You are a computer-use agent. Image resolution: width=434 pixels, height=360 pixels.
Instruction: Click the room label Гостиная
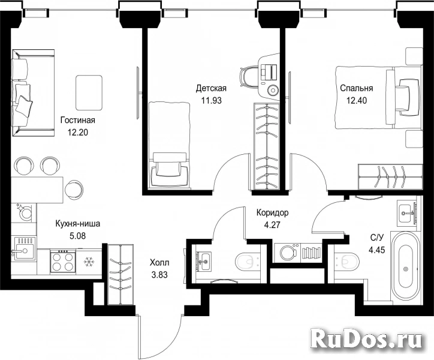click(78, 120)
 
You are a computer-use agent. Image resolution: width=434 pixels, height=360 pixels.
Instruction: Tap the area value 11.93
click(211, 100)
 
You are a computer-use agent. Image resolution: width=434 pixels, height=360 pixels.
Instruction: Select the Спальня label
click(357, 88)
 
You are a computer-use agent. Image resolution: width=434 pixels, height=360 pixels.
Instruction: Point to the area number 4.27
click(272, 224)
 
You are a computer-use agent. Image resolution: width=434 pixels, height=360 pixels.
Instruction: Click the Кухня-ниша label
click(78, 224)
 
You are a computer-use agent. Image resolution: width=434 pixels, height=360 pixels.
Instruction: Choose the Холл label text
click(159, 262)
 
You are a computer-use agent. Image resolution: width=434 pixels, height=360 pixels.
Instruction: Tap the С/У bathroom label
click(376, 238)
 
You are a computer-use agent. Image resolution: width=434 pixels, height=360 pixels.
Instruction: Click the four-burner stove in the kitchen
click(63, 261)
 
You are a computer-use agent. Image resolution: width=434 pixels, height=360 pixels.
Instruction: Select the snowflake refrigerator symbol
click(89, 262)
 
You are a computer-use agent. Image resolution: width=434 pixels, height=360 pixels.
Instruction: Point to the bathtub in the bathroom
click(406, 269)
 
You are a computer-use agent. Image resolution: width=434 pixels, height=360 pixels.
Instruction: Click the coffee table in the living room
click(89, 92)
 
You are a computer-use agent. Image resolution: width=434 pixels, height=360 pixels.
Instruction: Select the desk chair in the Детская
click(248, 76)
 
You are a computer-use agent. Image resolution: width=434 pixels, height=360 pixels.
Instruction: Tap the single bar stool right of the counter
click(74, 189)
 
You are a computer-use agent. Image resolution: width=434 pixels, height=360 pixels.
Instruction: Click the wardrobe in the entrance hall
click(120, 275)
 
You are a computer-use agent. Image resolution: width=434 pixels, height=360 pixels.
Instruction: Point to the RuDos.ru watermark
click(366, 338)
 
